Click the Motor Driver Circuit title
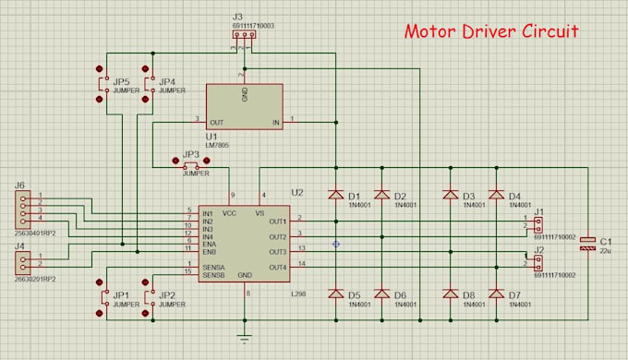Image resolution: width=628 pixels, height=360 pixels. pyautogui.click(x=491, y=30)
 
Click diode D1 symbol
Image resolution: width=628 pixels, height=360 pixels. pyautogui.click(x=335, y=195)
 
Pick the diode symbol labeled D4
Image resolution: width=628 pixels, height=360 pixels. pyautogui.click(x=495, y=195)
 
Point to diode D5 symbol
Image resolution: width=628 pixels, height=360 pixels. pyautogui.click(x=335, y=294)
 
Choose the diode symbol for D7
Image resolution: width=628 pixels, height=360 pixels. pyautogui.click(x=495, y=294)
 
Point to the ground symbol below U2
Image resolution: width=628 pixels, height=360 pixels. pyautogui.click(x=244, y=339)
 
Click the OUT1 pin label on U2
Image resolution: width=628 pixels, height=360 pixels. pyautogui.click(x=277, y=221)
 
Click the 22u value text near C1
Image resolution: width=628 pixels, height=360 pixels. pyautogui.click(x=607, y=249)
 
